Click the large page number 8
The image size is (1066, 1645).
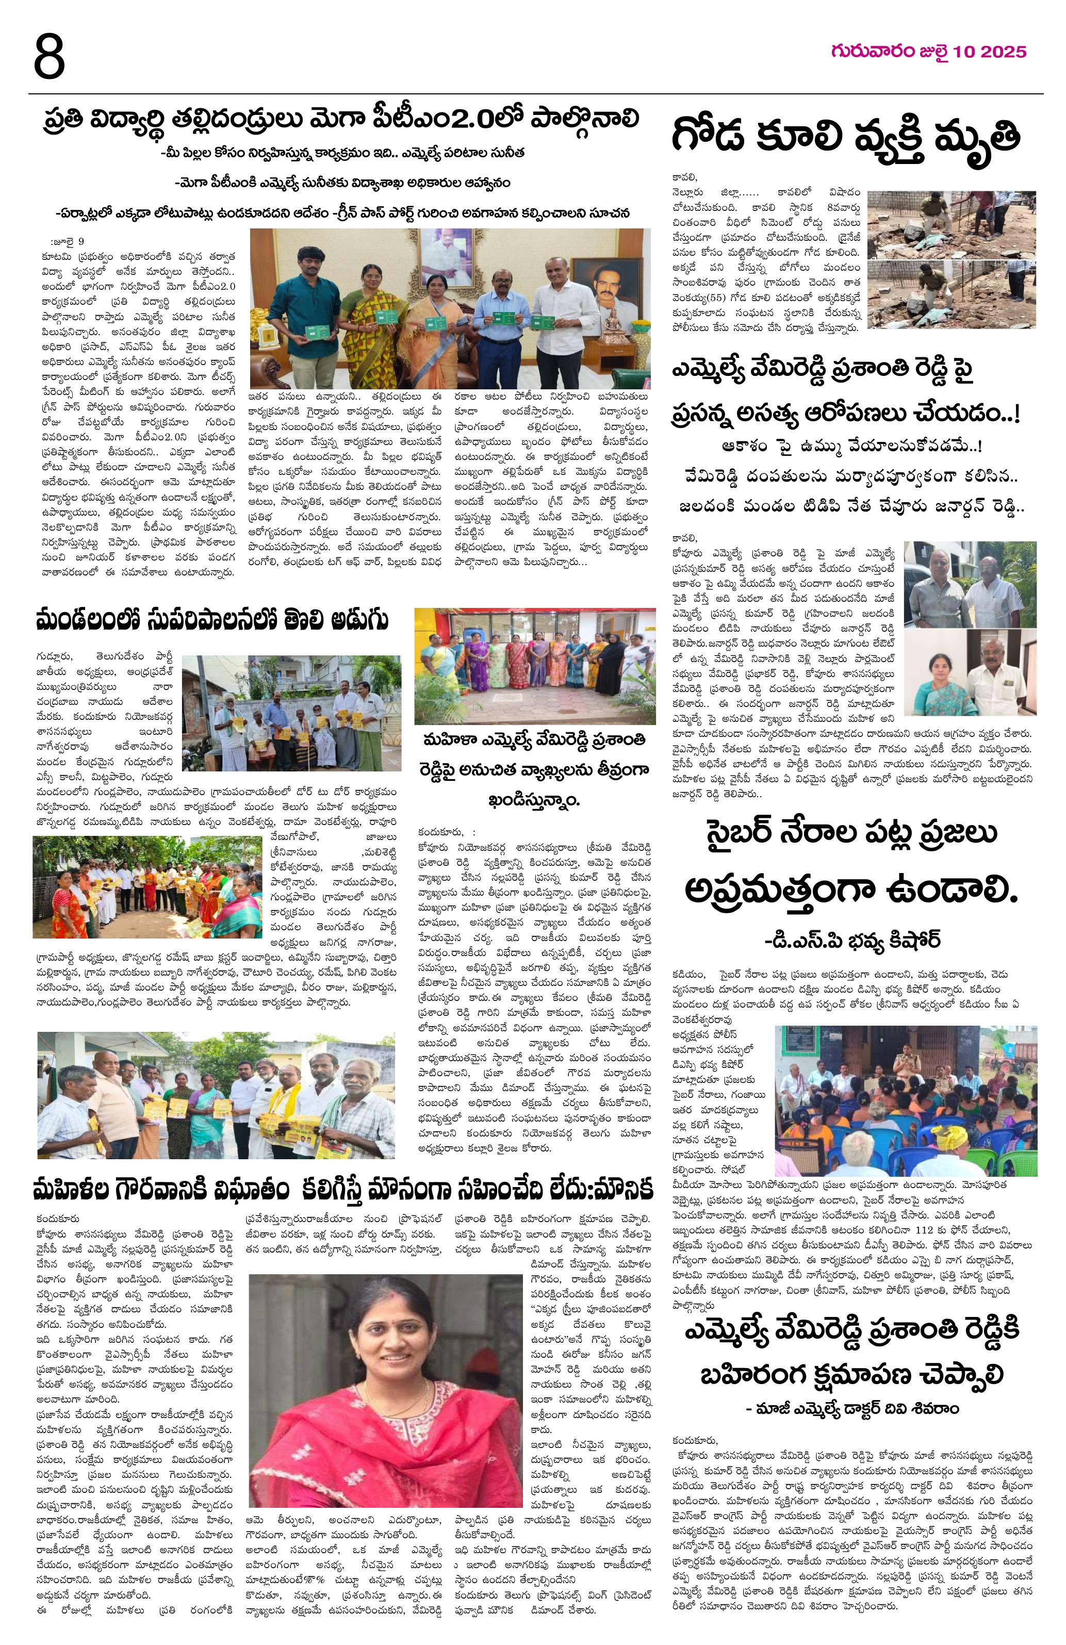tap(48, 57)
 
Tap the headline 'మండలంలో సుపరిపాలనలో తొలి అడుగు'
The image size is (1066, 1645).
tap(212, 620)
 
